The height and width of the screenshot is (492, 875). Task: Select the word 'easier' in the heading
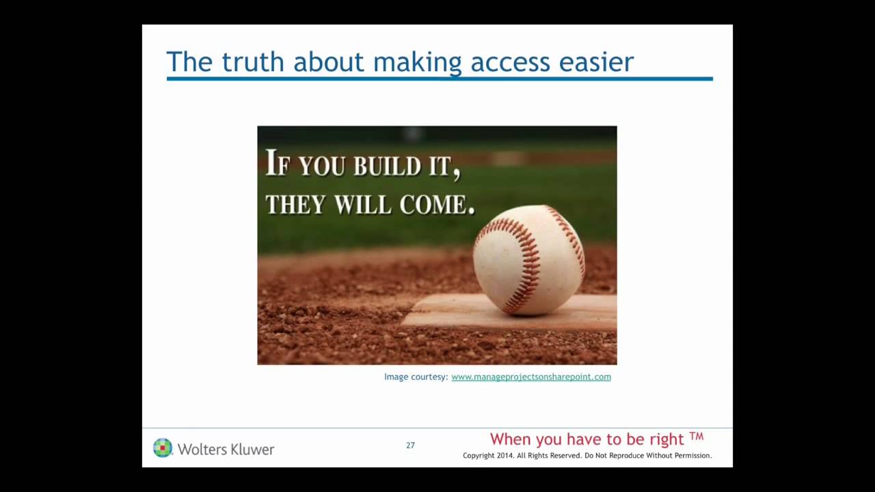596,62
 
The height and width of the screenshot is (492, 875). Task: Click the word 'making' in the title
418,62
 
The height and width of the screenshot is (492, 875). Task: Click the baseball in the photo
529,260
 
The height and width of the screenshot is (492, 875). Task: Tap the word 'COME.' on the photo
437,204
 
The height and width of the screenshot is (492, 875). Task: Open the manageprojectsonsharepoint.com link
531,377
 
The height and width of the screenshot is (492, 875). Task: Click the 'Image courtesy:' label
416,377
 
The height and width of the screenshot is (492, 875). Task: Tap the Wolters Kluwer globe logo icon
163,448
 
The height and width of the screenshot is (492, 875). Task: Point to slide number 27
410,446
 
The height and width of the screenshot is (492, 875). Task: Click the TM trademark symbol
696,437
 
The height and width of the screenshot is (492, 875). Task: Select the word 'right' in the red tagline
667,439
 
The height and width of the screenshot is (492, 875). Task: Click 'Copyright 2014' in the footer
487,456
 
